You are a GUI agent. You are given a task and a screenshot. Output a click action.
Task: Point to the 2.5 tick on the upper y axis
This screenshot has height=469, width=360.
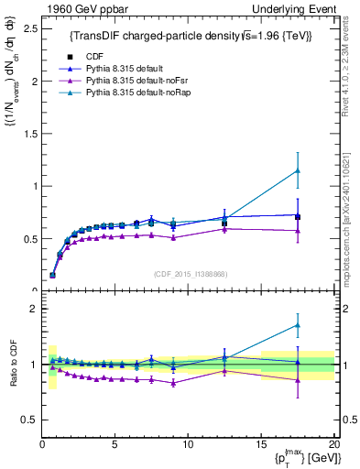pos(28,28)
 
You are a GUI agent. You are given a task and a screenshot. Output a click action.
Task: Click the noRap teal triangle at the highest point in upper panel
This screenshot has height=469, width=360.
pos(298,170)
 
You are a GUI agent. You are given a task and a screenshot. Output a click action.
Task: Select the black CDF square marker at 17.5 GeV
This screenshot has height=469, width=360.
pos(298,217)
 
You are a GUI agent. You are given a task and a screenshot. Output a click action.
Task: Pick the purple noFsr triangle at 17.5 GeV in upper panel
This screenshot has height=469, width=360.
pos(298,231)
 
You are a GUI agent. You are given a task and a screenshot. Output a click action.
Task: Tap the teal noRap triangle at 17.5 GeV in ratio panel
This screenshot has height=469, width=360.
pos(298,325)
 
